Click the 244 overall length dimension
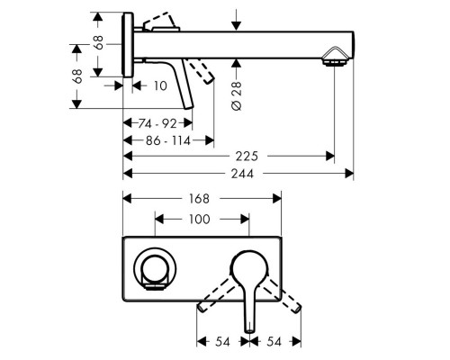[x=238, y=172]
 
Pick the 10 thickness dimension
[x=160, y=85]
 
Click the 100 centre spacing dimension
[x=202, y=219]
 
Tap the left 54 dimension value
[x=221, y=343]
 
